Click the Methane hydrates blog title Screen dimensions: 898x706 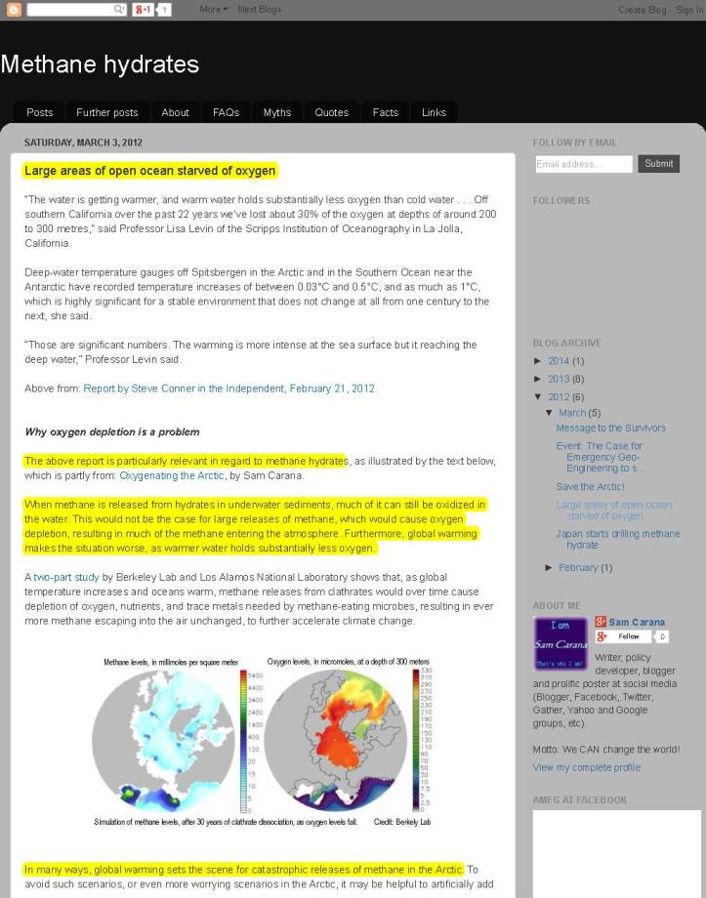click(x=100, y=64)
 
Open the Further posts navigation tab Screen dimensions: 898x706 click(x=107, y=112)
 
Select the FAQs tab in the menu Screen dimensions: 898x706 click(x=226, y=112)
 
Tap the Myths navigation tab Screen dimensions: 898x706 click(x=277, y=112)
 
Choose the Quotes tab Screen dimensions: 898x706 click(x=331, y=112)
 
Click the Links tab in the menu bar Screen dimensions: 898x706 click(x=434, y=112)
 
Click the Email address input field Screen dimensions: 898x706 click(x=583, y=164)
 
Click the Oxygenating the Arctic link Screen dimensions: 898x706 click(x=172, y=475)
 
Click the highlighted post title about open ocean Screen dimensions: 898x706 click(x=150, y=171)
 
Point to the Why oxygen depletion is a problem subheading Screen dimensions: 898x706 click(x=112, y=431)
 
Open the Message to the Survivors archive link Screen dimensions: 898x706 click(x=610, y=428)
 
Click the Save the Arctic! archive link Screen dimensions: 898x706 click(x=590, y=486)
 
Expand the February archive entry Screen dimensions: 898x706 click(x=578, y=567)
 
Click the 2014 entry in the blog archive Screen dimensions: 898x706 click(x=559, y=361)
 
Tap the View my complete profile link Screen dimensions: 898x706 click(x=586, y=767)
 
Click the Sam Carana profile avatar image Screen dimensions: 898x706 click(x=560, y=643)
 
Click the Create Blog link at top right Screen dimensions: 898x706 click(x=642, y=10)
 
